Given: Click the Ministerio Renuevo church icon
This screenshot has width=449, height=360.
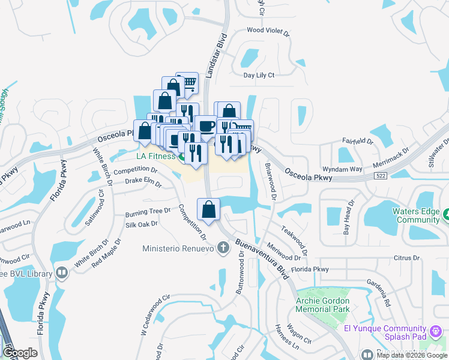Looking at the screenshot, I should pos(223,247).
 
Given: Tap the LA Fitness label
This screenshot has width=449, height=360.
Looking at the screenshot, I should pos(155,156).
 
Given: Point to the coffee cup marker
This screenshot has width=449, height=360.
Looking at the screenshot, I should pos(206,125).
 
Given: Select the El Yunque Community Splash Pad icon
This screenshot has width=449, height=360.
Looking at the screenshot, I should pos(437,329).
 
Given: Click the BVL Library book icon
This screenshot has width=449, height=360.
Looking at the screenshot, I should pos(61,274).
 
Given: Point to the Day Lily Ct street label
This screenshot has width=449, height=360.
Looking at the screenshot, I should pos(258,75).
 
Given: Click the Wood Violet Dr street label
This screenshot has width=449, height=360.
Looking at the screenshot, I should pos(268,29).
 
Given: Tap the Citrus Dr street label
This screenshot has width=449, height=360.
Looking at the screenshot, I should pos(406,257).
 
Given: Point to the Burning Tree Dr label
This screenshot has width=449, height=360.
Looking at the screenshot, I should pos(148,212).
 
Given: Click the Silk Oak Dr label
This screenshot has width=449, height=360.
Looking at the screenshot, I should pos(141,224).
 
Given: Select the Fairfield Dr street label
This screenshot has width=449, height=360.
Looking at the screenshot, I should pos(357,142).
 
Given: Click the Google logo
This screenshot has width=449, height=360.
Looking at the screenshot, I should pos(20,352).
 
